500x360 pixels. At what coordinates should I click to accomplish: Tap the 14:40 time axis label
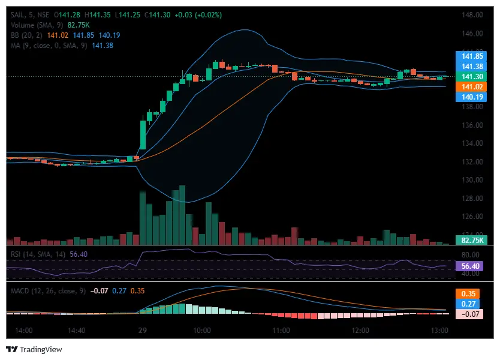77,331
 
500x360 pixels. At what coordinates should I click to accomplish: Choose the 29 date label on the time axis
143,331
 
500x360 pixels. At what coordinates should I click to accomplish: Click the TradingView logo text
40,349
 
